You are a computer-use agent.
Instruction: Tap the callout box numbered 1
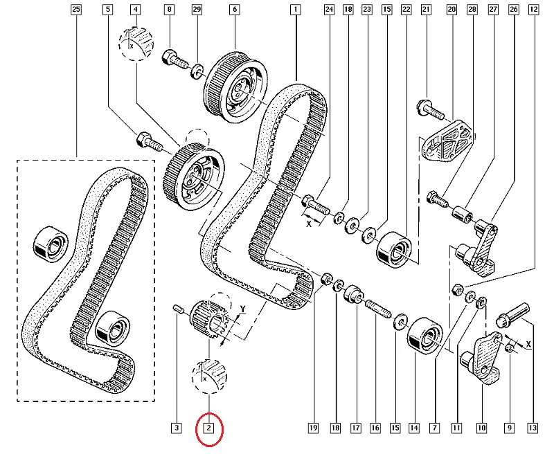[296, 10]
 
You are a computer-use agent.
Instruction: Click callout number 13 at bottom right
[532, 428]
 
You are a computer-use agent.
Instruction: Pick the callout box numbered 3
[177, 428]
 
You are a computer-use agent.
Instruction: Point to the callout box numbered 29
[197, 10]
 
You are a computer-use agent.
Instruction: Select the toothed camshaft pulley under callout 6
[235, 79]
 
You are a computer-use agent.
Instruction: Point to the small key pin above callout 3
[177, 309]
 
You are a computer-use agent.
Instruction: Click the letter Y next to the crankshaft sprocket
[243, 309]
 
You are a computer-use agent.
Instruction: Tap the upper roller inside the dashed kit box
[51, 244]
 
